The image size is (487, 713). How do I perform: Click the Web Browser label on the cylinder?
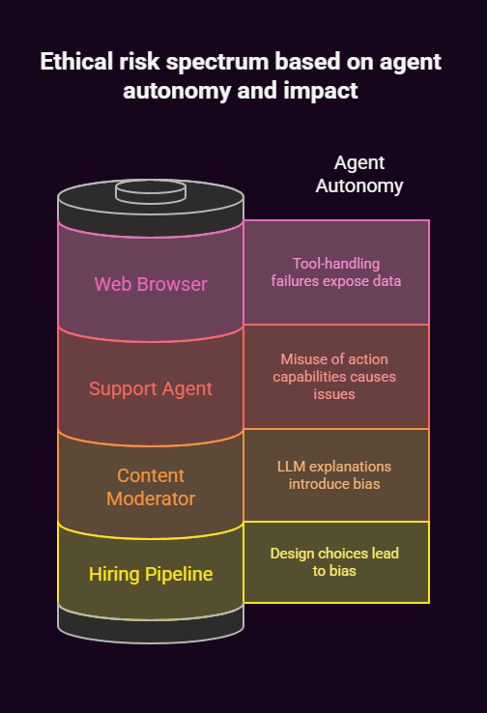pyautogui.click(x=151, y=284)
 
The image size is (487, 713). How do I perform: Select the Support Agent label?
pyautogui.click(x=151, y=388)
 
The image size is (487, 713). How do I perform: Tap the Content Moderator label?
pyautogui.click(x=151, y=487)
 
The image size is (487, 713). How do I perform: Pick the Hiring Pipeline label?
pyautogui.click(x=151, y=574)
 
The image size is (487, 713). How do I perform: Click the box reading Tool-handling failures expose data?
pyautogui.click(x=335, y=272)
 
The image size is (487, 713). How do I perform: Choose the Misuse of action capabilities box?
pyautogui.click(x=335, y=376)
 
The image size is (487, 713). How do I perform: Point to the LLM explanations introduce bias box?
pyautogui.click(x=335, y=474)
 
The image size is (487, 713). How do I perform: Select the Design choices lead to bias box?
pyautogui.click(x=335, y=561)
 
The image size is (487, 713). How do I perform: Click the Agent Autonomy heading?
pyautogui.click(x=359, y=174)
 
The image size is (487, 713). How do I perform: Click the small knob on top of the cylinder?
pyautogui.click(x=151, y=191)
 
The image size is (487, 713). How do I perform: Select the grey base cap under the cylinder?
pyautogui.click(x=151, y=623)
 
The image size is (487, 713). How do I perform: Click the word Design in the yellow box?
pyautogui.click(x=291, y=554)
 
